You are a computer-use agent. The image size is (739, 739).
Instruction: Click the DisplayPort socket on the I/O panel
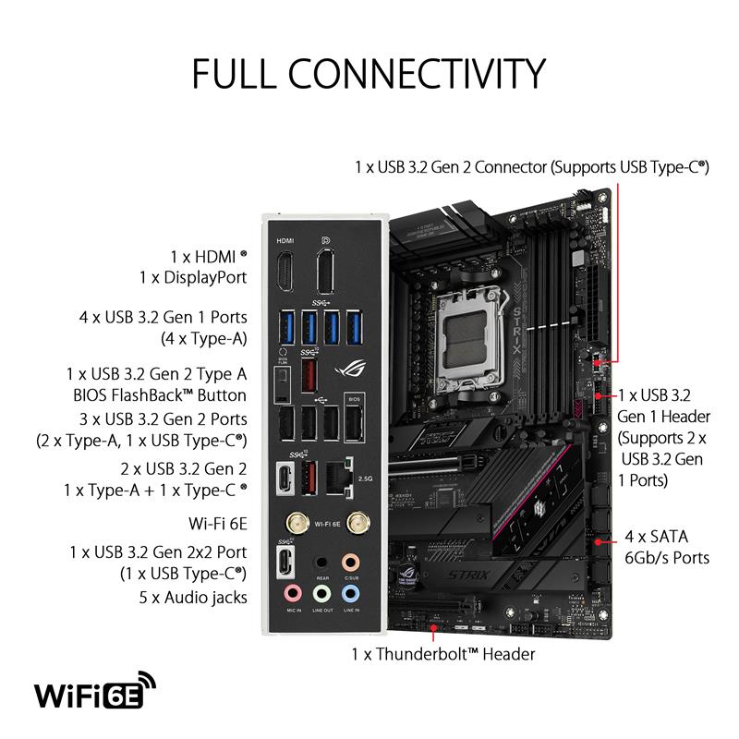[325, 269]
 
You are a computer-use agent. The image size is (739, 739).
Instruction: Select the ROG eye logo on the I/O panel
[352, 364]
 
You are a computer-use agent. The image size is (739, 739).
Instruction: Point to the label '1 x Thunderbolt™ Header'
[442, 654]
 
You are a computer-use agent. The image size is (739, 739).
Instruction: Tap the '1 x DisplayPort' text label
[193, 277]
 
